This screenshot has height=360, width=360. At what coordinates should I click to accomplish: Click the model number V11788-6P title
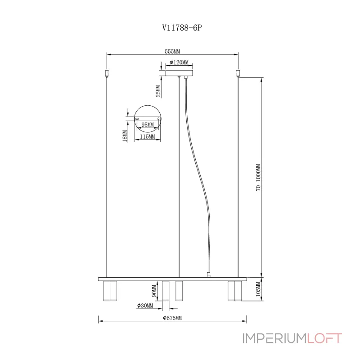point(180,27)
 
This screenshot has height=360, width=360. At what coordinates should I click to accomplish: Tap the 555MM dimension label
point(172,51)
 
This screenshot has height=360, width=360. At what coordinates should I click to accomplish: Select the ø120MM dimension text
point(179,63)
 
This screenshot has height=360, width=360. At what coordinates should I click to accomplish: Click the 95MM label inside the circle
point(148,125)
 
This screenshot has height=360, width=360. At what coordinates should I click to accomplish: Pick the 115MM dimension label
point(148,136)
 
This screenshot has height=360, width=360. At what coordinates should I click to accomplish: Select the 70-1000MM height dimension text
point(258,178)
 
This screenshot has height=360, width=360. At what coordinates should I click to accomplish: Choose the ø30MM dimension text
point(145,306)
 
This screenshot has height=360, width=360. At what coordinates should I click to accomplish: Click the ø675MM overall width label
point(172,318)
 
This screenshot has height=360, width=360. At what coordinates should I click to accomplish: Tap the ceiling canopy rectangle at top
point(179,72)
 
